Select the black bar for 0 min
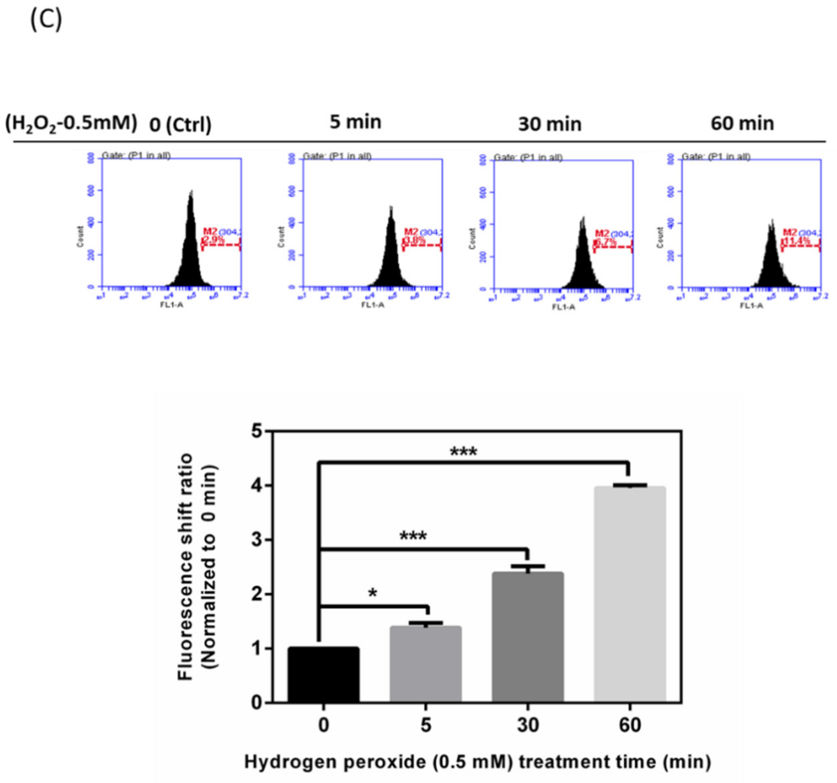click(324, 675)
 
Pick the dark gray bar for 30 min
click(527, 637)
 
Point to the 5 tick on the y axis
click(255, 432)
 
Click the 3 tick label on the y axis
click(255, 541)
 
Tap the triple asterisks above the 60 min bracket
click(464, 453)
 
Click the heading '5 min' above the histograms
click(355, 122)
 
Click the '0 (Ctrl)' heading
click(180, 125)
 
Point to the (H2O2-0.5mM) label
click(71, 124)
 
